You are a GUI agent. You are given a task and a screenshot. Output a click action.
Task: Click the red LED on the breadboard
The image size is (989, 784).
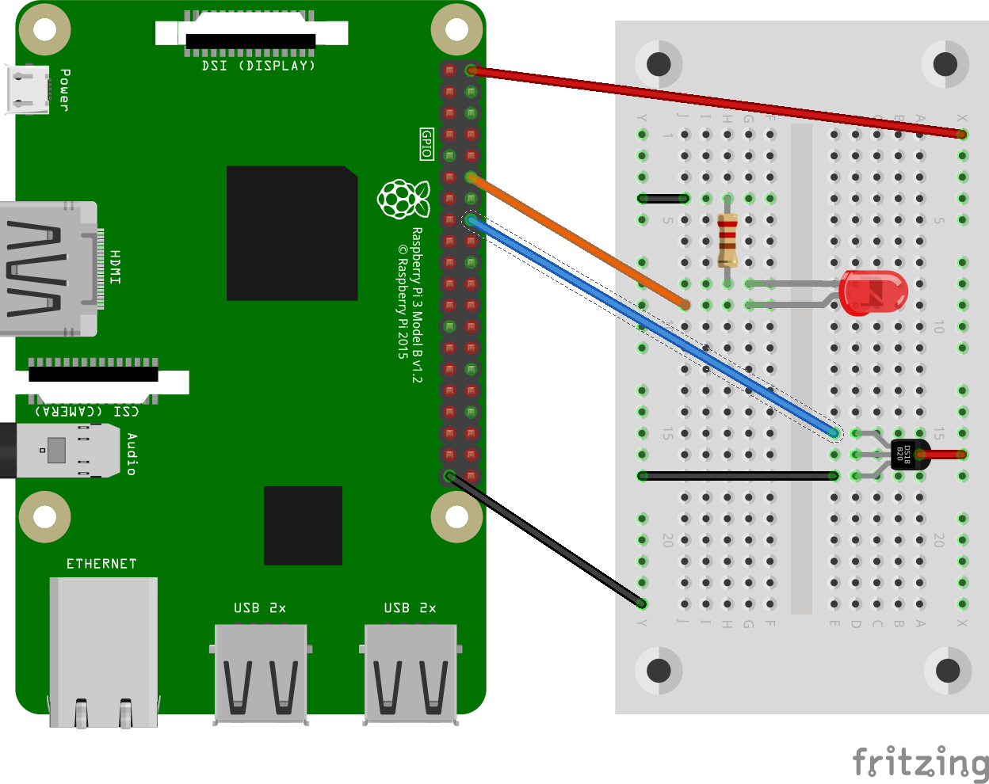[x=872, y=291]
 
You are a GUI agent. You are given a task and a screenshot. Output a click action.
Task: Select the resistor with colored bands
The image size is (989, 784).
[x=727, y=240]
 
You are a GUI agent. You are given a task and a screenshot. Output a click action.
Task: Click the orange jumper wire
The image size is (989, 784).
[x=579, y=242]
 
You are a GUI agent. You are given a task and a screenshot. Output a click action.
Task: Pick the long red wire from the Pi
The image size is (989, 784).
[x=713, y=102]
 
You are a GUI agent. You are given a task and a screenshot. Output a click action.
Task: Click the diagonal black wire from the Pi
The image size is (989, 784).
[x=547, y=541]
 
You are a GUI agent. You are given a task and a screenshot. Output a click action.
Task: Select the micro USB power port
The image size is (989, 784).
[x=27, y=89]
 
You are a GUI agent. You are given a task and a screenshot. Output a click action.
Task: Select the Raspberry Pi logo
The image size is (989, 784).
[x=403, y=199]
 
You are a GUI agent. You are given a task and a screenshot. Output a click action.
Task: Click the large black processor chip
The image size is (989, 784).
[x=292, y=233]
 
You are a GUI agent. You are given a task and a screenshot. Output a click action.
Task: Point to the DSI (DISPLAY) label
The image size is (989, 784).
[x=258, y=66]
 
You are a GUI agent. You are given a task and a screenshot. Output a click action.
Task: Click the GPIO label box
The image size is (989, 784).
[x=426, y=144]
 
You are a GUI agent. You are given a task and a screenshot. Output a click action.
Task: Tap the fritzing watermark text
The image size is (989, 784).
[x=919, y=763]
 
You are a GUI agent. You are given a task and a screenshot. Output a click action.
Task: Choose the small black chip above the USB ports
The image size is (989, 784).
[x=303, y=526]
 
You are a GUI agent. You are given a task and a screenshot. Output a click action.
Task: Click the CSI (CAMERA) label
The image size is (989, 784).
[x=87, y=411]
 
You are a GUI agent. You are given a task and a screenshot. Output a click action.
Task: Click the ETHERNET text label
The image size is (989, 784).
[x=101, y=564]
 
